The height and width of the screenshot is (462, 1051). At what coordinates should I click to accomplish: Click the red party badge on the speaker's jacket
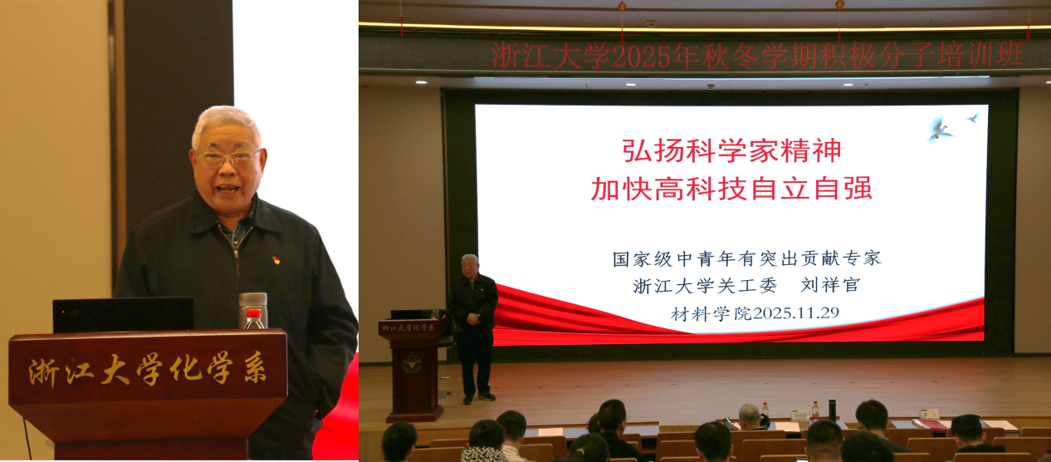pyautogui.click(x=276, y=260)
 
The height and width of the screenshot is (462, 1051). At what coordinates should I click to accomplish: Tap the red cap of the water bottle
pyautogui.click(x=254, y=313)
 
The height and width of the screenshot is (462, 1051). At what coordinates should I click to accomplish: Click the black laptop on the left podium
pyautogui.click(x=124, y=315)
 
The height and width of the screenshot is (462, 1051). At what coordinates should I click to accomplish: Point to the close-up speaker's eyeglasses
pyautogui.click(x=228, y=158)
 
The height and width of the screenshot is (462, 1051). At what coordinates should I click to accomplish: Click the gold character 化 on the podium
pyautogui.click(x=185, y=369)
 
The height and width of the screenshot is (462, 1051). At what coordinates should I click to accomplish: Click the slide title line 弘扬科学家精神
pyautogui.click(x=731, y=150)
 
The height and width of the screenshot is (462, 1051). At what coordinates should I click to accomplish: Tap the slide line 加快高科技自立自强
pyautogui.click(x=731, y=189)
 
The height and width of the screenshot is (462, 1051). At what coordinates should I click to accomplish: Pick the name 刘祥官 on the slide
pyautogui.click(x=830, y=284)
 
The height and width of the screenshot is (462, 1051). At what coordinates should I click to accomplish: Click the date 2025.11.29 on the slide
pyautogui.click(x=796, y=313)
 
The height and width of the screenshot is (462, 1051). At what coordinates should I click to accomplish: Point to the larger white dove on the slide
pyautogui.click(x=939, y=128)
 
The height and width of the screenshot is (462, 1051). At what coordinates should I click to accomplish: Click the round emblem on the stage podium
pyautogui.click(x=412, y=364)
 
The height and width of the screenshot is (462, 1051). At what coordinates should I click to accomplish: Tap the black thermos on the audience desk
pyautogui.click(x=832, y=410)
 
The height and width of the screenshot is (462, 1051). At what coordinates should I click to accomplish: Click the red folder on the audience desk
pyautogui.click(x=931, y=425)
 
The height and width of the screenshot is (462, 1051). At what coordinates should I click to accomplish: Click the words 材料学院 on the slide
pyautogui.click(x=711, y=313)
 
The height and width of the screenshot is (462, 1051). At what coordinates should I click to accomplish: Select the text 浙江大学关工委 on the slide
pyautogui.click(x=704, y=286)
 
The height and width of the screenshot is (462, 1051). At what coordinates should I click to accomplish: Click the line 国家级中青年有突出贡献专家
pyautogui.click(x=746, y=258)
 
